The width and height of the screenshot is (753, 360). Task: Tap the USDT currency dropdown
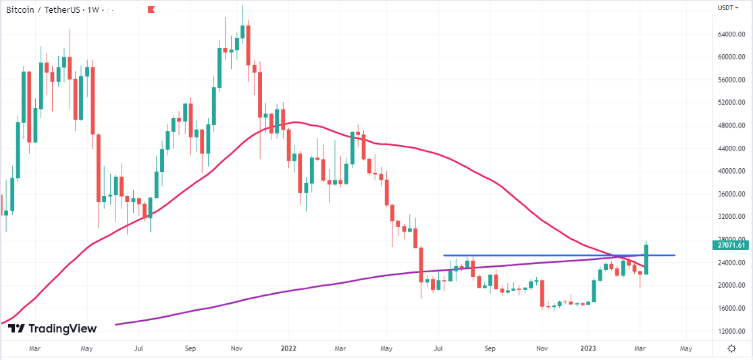click(727, 7)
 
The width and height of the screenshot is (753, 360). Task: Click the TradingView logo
click(53, 329)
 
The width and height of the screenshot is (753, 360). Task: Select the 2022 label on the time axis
click(288, 349)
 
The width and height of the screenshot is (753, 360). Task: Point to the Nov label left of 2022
click(236, 349)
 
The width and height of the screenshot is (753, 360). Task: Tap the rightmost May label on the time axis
click(686, 349)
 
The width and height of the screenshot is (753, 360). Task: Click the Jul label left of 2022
click(138, 349)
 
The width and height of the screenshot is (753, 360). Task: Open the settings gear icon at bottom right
click(731, 348)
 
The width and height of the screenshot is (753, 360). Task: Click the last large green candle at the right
click(646, 259)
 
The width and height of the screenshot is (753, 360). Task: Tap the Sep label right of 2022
click(490, 349)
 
